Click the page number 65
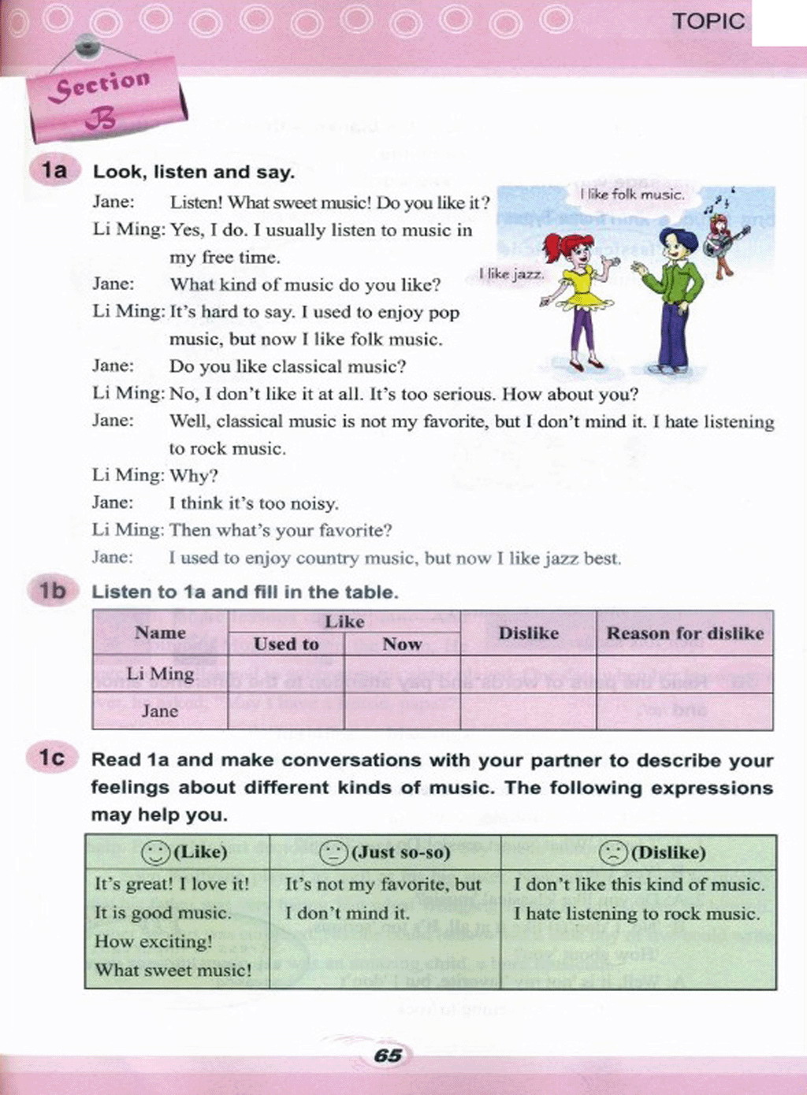coord(389,1055)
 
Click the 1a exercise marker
coord(54,170)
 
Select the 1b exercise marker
coord(53,591)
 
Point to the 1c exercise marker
coord(53,758)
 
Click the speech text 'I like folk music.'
coord(632,194)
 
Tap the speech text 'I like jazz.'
coord(511,273)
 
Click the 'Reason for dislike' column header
coord(685,633)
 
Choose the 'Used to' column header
coord(286,644)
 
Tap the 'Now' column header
coord(402,644)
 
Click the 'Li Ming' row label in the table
coord(160,674)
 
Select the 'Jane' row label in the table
coord(160,711)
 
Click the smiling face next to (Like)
coord(155,852)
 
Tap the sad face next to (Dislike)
coord(613,852)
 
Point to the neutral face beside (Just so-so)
coord(333,852)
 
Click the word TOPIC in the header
coord(708,21)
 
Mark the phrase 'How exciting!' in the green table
coord(154,941)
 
